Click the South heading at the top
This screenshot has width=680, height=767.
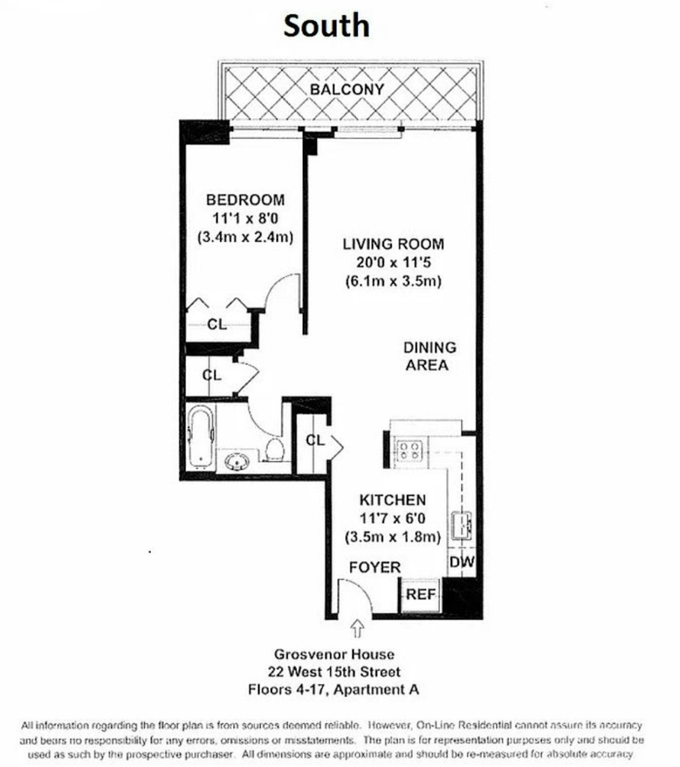tap(326, 26)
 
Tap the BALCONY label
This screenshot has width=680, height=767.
tap(347, 89)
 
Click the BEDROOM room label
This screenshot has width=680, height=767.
tap(245, 200)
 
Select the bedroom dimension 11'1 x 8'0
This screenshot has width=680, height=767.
tap(245, 219)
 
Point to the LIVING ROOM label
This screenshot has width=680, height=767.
tap(394, 244)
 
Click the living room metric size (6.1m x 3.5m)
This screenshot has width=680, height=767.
tap(394, 281)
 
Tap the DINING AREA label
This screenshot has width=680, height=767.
tap(429, 356)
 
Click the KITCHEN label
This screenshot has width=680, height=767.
tap(392, 500)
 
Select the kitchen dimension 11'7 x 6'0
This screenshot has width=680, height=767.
tap(392, 519)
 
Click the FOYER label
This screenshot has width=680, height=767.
tap(375, 567)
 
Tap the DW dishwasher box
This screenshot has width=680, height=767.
tap(462, 562)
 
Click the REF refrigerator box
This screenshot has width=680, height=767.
tap(420, 594)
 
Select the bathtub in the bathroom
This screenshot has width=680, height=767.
tap(201, 437)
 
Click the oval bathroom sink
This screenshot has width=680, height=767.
tap(237, 462)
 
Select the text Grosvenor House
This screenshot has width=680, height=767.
tap(334, 654)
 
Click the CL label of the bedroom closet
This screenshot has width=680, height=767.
tap(217, 325)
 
